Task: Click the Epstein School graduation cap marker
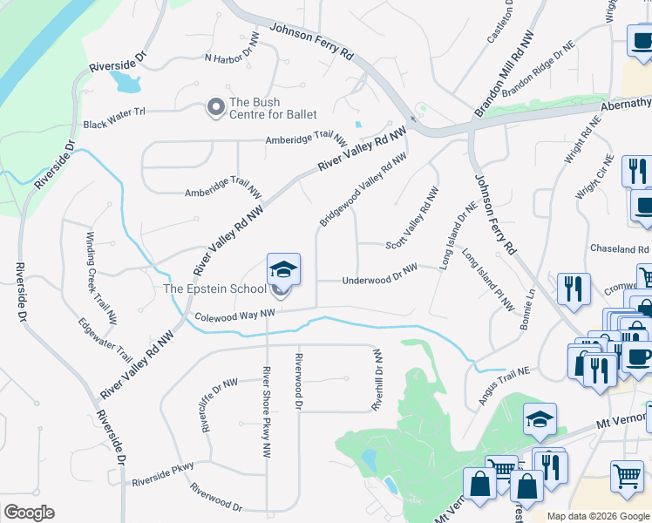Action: [x=283, y=269]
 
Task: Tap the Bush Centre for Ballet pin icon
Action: [x=215, y=107]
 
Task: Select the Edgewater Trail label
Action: [x=105, y=341]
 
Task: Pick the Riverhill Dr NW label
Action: [x=377, y=379]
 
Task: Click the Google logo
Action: [x=29, y=513]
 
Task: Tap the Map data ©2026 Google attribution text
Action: [x=597, y=516]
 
